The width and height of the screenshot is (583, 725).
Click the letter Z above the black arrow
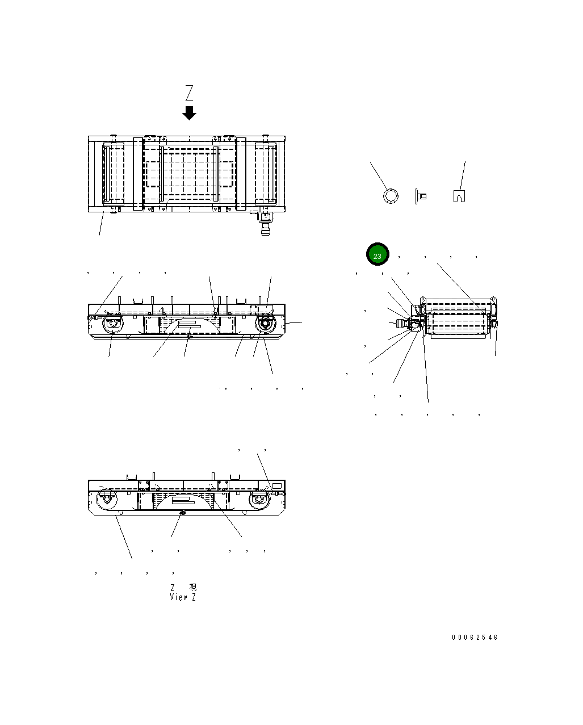[x=189, y=93]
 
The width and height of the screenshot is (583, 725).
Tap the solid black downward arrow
[x=189, y=113]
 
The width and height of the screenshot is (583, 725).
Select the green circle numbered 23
[x=377, y=255]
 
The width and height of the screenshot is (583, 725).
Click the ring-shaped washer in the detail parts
[x=391, y=196]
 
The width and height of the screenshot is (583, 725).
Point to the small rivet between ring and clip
[x=421, y=196]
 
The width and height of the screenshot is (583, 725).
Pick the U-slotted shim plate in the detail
[x=459, y=196]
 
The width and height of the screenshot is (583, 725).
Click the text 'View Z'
[x=183, y=597]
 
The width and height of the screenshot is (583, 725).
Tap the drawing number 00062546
[x=475, y=638]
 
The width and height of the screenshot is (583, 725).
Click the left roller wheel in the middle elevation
[x=112, y=325]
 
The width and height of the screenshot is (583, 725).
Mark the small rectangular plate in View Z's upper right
[x=276, y=486]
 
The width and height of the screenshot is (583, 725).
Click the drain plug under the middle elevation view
[x=189, y=338]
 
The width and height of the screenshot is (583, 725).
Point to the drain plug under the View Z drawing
[x=182, y=513]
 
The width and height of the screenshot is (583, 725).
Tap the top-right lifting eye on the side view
[x=493, y=299]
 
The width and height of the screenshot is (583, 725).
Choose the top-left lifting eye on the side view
[x=422, y=299]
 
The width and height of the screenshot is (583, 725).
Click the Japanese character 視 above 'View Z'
[x=192, y=588]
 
